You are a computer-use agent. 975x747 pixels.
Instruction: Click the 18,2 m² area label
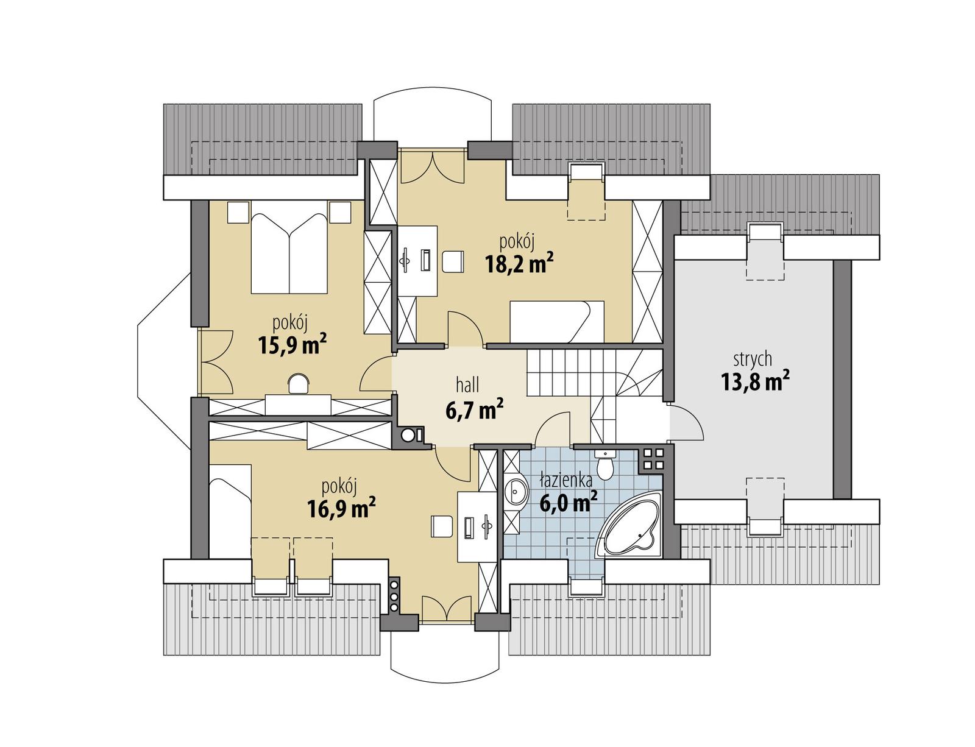(x=519, y=264)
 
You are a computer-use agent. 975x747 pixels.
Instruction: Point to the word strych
(x=754, y=358)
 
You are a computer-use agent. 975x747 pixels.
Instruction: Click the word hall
(x=467, y=385)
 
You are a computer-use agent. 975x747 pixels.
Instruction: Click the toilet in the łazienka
(x=605, y=466)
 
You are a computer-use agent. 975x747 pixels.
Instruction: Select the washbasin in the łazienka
(x=517, y=491)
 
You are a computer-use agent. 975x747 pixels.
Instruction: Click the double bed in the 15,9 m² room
(x=289, y=253)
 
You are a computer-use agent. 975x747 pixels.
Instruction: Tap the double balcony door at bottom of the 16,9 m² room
(x=447, y=607)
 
